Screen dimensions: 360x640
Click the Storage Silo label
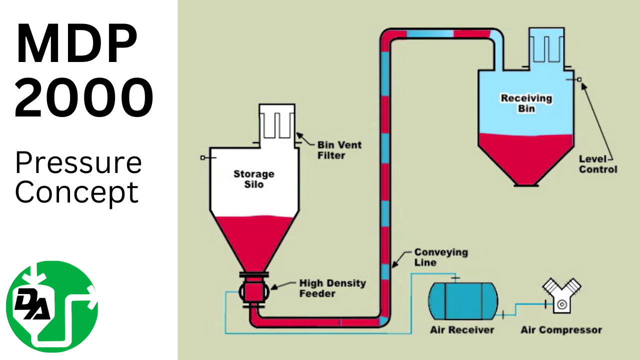pyautogui.click(x=253, y=179)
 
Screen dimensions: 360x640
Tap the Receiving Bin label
pyautogui.click(x=526, y=103)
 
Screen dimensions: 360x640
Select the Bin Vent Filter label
pyautogui.click(x=339, y=150)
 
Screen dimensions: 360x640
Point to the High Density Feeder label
pyautogui.click(x=332, y=288)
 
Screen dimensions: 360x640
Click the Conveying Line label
pyautogui.click(x=440, y=257)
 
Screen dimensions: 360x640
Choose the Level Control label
pyautogui.click(x=598, y=164)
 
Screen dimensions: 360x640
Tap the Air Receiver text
pyautogui.click(x=462, y=330)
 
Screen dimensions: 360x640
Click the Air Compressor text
pyautogui.click(x=561, y=330)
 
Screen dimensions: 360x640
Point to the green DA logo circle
pyautogui.click(x=52, y=306)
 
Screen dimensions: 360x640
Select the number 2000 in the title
pyautogui.click(x=83, y=98)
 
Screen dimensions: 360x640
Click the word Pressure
pyautogui.click(x=78, y=162)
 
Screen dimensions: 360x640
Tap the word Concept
pyautogui.click(x=76, y=192)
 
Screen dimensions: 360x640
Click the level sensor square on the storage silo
pyautogui.click(x=202, y=157)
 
